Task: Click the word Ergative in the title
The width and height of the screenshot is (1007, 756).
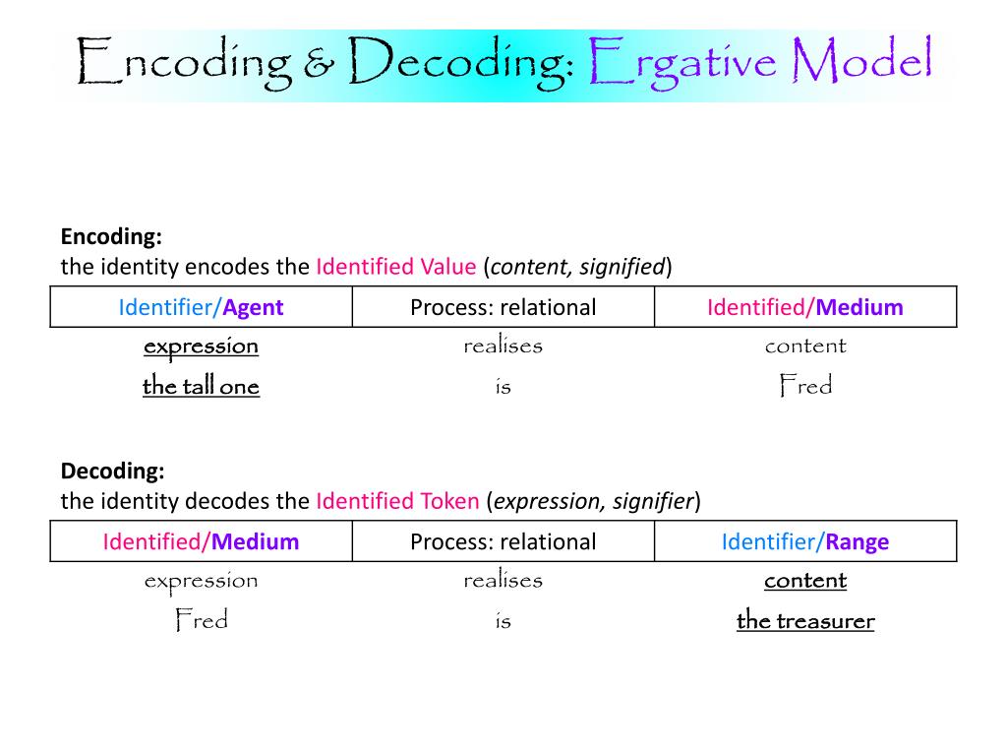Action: click(684, 63)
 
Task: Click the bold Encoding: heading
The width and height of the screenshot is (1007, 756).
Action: click(111, 237)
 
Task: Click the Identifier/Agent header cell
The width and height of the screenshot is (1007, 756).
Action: click(201, 307)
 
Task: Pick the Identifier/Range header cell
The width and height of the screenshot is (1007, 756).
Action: click(804, 541)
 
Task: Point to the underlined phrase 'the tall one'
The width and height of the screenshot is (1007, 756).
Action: click(201, 386)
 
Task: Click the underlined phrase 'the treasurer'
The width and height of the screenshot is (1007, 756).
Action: click(804, 620)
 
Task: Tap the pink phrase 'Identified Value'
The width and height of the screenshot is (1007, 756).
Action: click(395, 267)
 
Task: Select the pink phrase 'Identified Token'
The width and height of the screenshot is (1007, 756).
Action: click(397, 501)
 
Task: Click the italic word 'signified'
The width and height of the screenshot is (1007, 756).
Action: click(622, 267)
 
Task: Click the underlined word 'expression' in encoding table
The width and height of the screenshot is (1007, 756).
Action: click(201, 346)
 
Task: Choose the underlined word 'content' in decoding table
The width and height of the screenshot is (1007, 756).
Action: click(804, 580)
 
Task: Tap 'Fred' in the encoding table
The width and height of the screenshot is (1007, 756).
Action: click(804, 386)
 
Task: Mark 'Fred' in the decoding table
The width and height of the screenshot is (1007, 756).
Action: click(201, 620)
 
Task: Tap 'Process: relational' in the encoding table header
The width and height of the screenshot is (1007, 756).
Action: click(503, 307)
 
